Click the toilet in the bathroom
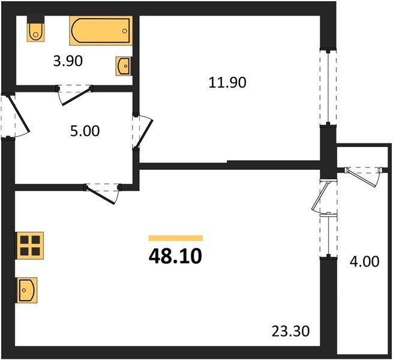click(x=35, y=31)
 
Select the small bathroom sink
click(x=124, y=65)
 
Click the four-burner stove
click(x=28, y=245)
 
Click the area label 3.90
click(x=68, y=61)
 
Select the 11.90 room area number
click(x=227, y=83)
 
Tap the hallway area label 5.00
click(x=85, y=131)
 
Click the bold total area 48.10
click(x=175, y=256)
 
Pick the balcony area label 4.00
click(x=365, y=262)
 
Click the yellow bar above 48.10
click(x=175, y=238)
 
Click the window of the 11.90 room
click(x=327, y=87)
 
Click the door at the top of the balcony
click(x=362, y=173)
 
